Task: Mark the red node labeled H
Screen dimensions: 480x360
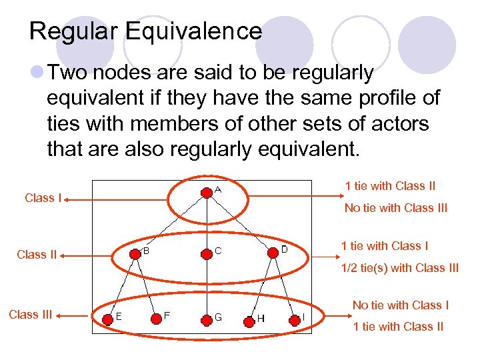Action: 249,321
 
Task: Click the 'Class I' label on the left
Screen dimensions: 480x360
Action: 43,198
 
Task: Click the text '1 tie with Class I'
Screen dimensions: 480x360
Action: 385,246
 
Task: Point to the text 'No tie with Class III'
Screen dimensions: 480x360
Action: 396,208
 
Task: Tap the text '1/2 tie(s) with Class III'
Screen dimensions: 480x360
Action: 400,268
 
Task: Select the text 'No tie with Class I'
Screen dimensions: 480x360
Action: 400,305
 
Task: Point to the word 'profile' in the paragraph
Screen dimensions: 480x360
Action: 375,98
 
